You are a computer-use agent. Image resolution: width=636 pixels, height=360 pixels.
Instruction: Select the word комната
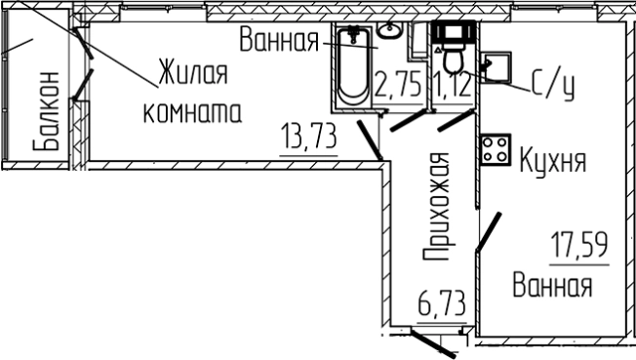[191, 112]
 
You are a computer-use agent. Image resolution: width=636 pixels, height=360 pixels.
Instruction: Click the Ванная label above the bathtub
[279, 42]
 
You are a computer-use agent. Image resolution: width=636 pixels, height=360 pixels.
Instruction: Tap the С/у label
[554, 86]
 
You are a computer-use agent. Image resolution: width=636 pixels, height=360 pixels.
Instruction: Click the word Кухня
[553, 159]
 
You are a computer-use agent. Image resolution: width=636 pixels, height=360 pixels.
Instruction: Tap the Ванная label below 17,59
[553, 288]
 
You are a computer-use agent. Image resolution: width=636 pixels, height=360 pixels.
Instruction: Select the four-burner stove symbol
[494, 149]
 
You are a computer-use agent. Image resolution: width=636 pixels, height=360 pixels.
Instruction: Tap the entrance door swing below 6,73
[429, 342]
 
